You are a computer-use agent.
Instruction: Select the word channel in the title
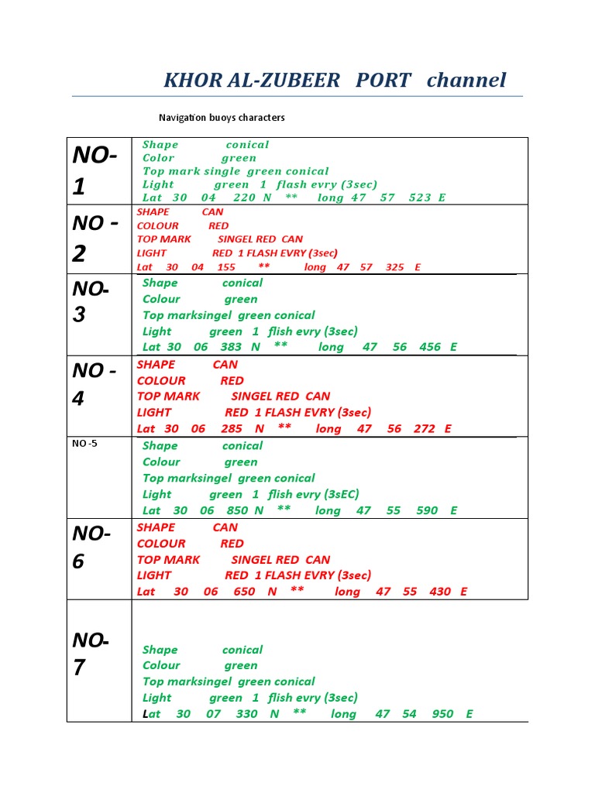coord(466,80)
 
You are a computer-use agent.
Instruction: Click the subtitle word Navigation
coord(182,118)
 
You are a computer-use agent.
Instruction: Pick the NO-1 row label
coord(95,170)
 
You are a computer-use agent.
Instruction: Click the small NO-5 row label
coord(84,444)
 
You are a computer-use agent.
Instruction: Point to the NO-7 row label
coord(91,654)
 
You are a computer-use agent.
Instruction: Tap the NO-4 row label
coord(94,384)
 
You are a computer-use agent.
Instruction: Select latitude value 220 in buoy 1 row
coord(244,197)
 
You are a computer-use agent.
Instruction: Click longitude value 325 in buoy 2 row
coord(394,267)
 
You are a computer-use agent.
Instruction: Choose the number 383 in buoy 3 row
coord(231,347)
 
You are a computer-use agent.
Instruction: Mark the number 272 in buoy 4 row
coord(424,428)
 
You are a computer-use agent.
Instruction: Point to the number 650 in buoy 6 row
coord(244,592)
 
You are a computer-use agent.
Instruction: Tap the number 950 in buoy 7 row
coord(442,714)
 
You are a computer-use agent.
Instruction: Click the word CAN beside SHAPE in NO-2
coord(212,211)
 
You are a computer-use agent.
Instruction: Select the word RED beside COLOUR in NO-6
coord(232,544)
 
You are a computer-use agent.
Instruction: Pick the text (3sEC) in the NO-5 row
coord(342,494)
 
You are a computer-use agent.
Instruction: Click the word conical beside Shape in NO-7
coord(242,650)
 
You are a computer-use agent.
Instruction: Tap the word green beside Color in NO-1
coord(239,158)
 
